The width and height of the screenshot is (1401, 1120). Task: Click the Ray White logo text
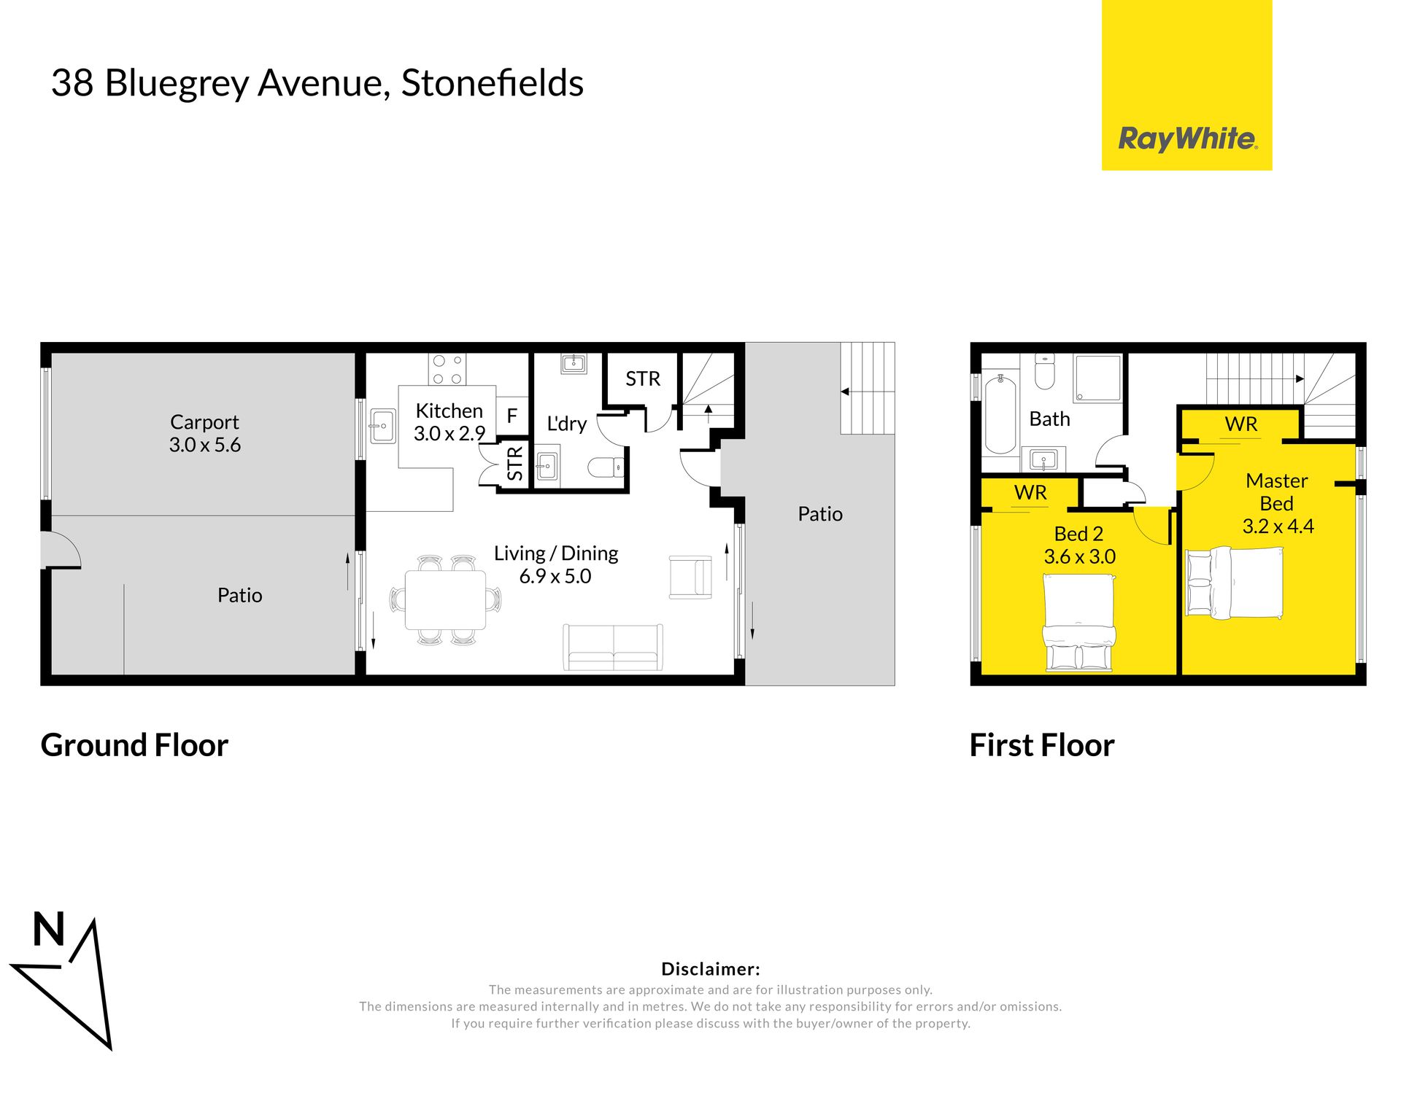[x=1187, y=139]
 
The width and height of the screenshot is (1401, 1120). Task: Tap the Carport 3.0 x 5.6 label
[x=205, y=433]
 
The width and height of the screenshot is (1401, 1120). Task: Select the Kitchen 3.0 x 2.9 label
[x=449, y=422]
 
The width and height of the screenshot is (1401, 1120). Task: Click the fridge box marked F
[x=512, y=416]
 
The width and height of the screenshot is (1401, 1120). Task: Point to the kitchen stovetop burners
[x=447, y=369]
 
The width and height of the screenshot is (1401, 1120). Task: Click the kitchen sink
[x=382, y=426]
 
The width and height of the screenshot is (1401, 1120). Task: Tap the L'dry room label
[x=567, y=424]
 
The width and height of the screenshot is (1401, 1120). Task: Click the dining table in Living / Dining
[x=445, y=600]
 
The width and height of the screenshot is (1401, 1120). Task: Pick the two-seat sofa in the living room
[x=613, y=647]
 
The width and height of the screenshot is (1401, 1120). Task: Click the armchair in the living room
[x=690, y=577]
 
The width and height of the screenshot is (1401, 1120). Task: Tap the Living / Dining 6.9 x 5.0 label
[x=556, y=564]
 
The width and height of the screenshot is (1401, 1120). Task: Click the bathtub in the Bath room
[x=1000, y=413]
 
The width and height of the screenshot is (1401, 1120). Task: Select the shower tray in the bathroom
[x=1097, y=378]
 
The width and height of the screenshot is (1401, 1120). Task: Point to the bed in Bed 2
[x=1079, y=623]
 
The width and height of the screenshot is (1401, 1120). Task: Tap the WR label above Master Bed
[x=1241, y=424]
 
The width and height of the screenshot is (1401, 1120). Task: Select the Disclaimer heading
[x=711, y=969]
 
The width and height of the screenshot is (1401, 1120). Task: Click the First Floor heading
[x=1042, y=745]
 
